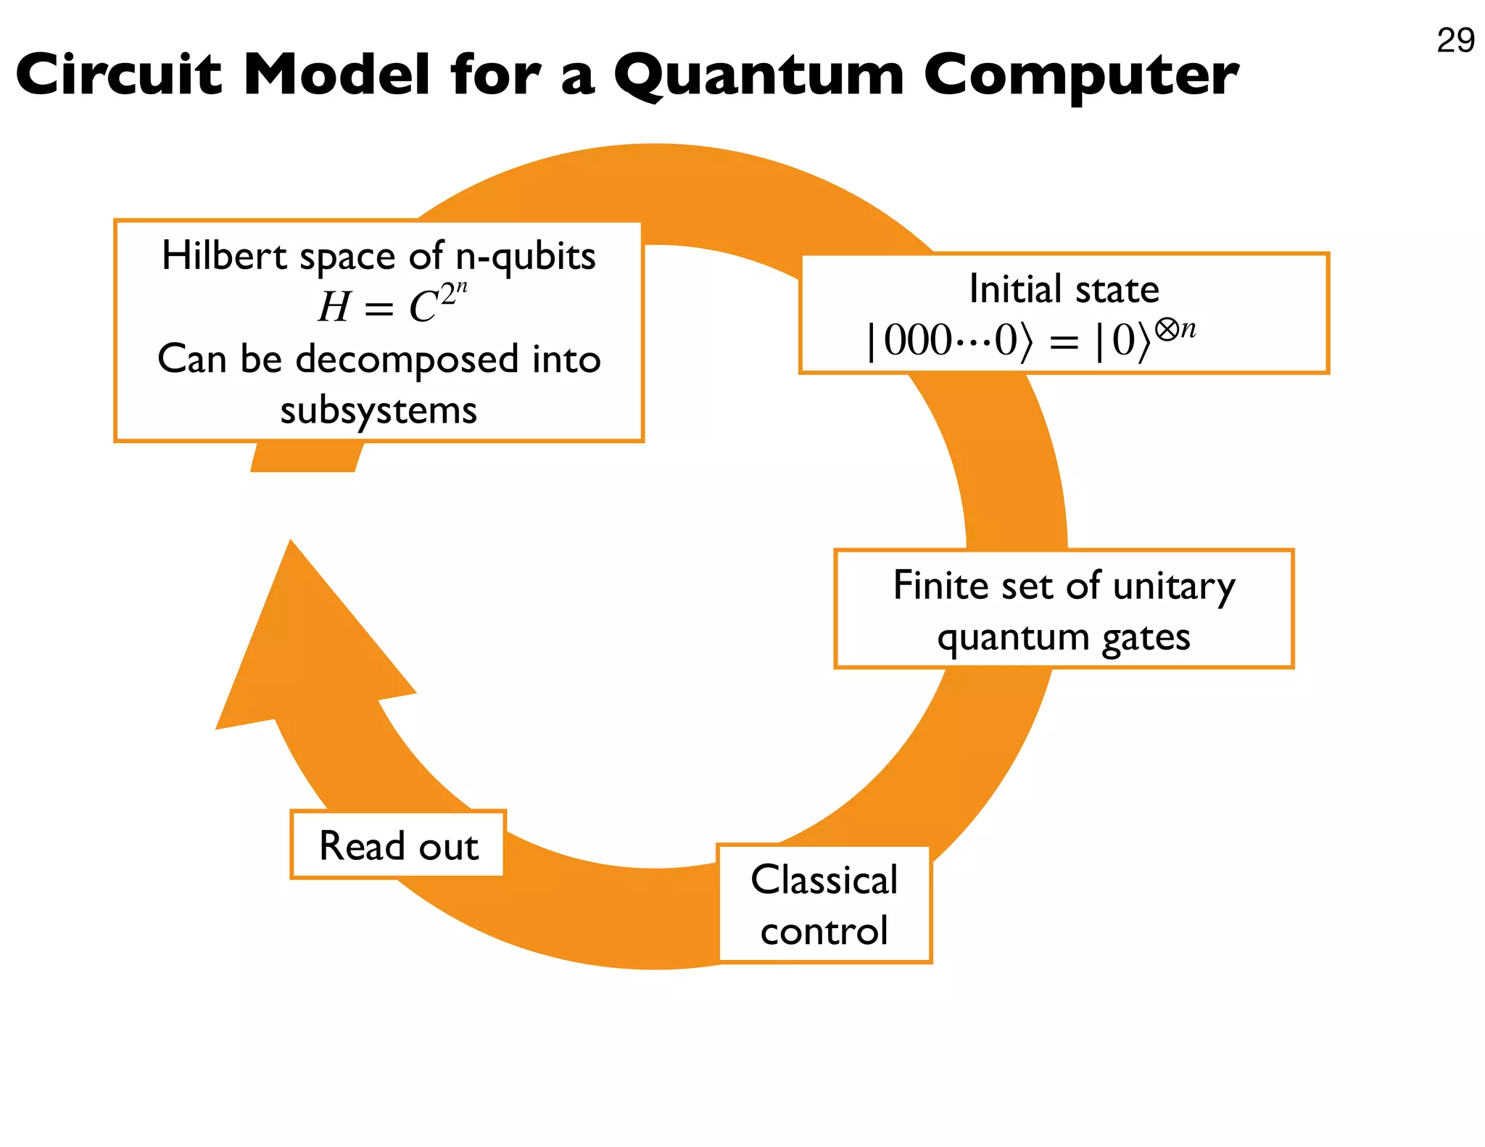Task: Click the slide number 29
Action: [1455, 41]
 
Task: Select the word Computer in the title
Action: [1080, 75]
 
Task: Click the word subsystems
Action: [379, 410]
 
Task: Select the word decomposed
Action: [407, 359]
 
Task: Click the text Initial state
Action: [1064, 289]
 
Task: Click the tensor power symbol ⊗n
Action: [1175, 330]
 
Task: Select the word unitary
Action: [1174, 586]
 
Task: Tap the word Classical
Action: [824, 879]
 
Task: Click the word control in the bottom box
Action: [824, 931]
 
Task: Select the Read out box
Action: [398, 845]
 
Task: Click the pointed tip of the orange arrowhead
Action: [291, 542]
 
